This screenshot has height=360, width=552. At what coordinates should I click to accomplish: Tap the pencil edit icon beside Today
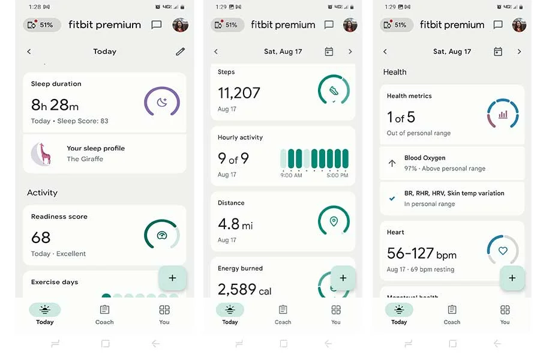(180, 52)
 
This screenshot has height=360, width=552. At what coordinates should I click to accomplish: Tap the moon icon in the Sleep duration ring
(162, 102)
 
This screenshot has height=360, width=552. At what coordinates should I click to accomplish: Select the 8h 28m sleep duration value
(55, 105)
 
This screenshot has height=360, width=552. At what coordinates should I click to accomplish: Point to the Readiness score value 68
(41, 238)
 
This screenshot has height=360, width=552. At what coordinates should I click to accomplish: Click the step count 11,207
(239, 93)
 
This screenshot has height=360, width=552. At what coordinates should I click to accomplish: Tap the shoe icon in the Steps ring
(334, 91)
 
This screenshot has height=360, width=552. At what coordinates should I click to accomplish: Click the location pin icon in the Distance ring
(334, 222)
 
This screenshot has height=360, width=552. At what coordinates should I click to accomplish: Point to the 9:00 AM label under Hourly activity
(291, 175)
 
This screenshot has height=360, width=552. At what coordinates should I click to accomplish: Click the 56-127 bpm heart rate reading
(421, 254)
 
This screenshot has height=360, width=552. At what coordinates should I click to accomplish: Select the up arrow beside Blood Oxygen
(392, 163)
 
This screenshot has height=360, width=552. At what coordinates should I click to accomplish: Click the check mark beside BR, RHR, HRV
(392, 199)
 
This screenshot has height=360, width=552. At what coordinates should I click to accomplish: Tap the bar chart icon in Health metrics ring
(503, 114)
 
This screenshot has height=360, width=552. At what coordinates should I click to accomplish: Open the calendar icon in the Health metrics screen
(498, 52)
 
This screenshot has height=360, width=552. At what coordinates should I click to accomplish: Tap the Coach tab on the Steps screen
(283, 314)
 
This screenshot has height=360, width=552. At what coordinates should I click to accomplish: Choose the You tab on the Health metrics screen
(505, 314)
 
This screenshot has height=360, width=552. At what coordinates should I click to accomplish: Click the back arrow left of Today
(29, 52)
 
